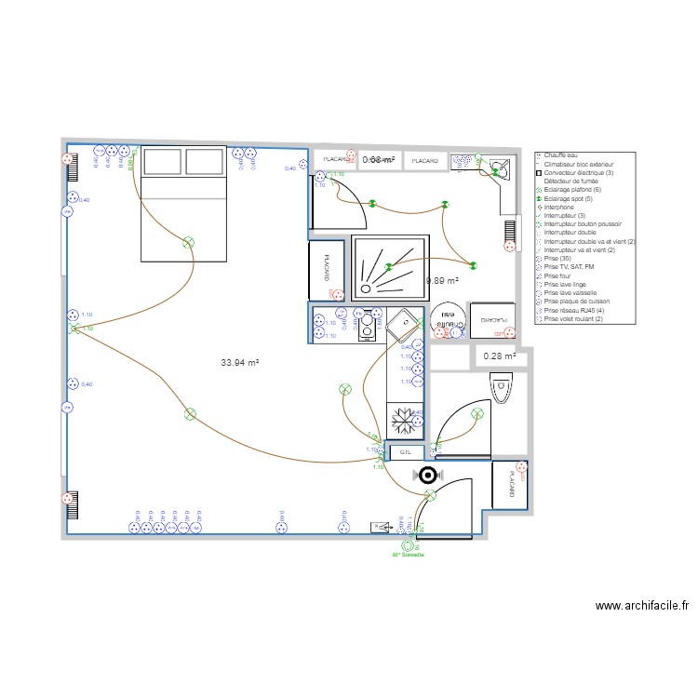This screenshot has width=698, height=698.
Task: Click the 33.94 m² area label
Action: pyautogui.click(x=239, y=363)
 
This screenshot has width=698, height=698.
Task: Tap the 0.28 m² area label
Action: pyautogui.click(x=498, y=356)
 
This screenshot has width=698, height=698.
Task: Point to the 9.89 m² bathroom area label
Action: pyautogui.click(x=443, y=280)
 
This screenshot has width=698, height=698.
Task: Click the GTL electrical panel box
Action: pyautogui.click(x=405, y=452)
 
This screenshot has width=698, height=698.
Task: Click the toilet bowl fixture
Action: pyautogui.click(x=501, y=385)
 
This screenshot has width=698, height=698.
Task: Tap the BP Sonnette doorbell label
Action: pyautogui.click(x=407, y=555)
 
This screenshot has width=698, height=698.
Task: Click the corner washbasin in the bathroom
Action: pyautogui.click(x=501, y=168)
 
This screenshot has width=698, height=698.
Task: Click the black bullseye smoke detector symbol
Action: pyautogui.click(x=428, y=475)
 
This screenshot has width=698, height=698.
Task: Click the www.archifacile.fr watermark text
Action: pyautogui.click(x=641, y=605)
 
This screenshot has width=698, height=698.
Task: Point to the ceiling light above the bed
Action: pyautogui.click(x=189, y=243)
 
